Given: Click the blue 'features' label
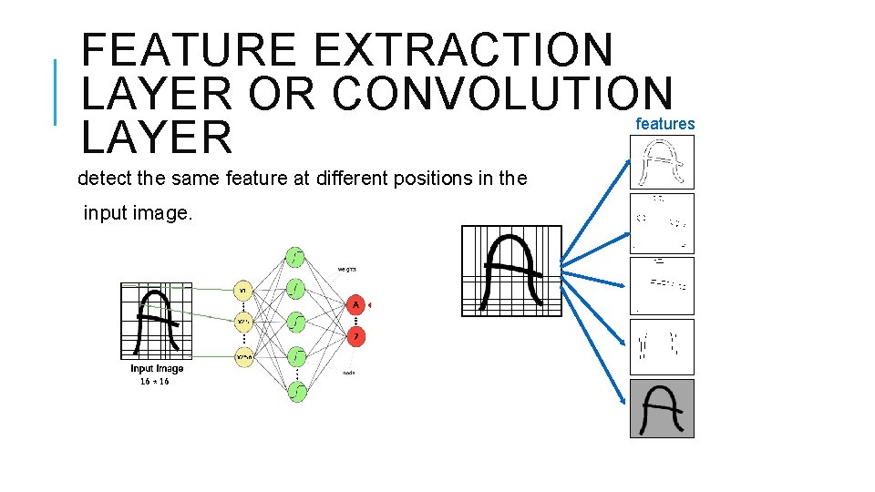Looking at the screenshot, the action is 664,124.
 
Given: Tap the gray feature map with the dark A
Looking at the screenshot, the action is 662,408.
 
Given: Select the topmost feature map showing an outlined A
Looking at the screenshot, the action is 662,162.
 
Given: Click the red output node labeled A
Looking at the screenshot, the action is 355,304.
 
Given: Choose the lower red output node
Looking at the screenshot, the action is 355,335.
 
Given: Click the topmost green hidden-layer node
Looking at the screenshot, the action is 295,257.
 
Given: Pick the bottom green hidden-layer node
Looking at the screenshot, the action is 295,390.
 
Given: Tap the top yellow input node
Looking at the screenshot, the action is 243,291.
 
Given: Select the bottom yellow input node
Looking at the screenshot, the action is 243,357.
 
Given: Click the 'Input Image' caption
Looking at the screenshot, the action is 157,369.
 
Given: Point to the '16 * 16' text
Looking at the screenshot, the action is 154,382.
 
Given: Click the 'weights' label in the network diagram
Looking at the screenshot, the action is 346,269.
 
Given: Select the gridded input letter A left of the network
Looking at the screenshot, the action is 157,322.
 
